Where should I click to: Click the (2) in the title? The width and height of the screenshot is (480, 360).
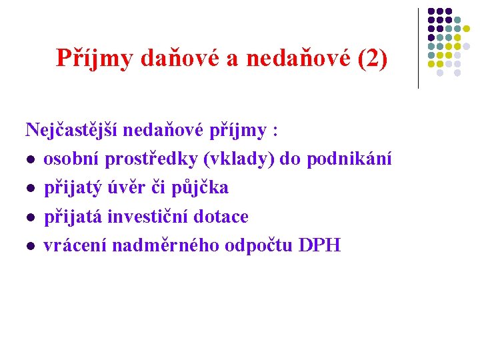[x=372, y=59]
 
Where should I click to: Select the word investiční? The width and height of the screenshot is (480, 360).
[x=145, y=217]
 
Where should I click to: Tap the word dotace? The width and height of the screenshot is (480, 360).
[x=224, y=217]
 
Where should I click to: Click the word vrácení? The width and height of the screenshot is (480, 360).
[x=75, y=245]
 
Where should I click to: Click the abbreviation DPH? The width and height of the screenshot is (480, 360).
[x=320, y=245]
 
